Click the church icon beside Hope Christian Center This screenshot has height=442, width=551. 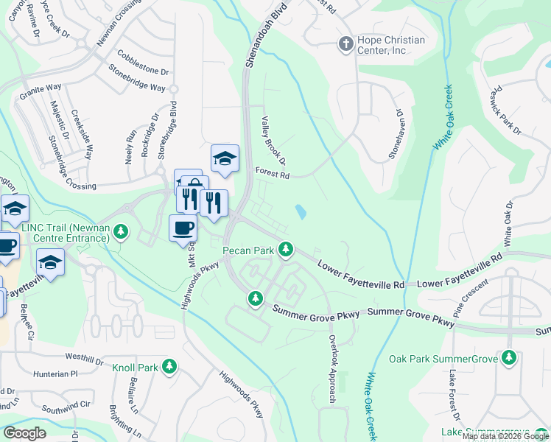click(x=344, y=43)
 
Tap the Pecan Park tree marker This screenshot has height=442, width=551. click(x=286, y=250)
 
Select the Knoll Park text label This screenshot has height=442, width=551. click(x=135, y=367)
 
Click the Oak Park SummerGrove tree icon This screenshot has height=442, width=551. click(x=508, y=358)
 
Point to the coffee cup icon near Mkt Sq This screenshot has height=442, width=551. click(x=183, y=228)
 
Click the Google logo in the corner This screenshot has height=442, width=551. click(x=25, y=433)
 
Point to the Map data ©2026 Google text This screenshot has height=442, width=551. click(x=505, y=436)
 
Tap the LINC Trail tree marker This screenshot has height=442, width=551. click(x=122, y=234)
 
